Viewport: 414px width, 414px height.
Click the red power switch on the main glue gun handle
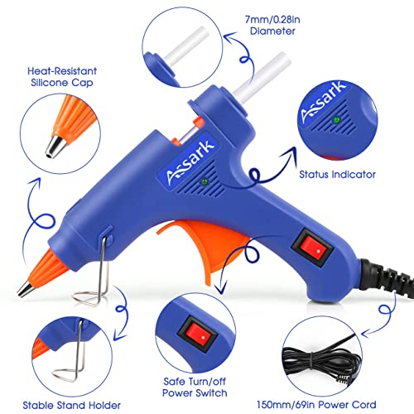pyautogui.click(x=312, y=248)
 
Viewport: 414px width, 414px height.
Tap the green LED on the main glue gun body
pyautogui.click(x=205, y=182)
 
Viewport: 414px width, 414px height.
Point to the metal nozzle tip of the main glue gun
pyautogui.click(x=26, y=289)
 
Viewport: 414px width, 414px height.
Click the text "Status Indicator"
pyautogui.click(x=337, y=175)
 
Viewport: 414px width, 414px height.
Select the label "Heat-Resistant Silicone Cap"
pyautogui.click(x=62, y=77)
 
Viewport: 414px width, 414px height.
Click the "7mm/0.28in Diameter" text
pyautogui.click(x=272, y=25)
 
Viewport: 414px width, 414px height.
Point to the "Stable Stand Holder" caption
pyautogui.click(x=71, y=405)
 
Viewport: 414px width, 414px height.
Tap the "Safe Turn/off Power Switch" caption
pyautogui.click(x=195, y=387)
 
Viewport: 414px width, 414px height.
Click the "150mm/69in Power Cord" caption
pyautogui.click(x=316, y=405)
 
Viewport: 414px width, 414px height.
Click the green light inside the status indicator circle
pyautogui.click(x=336, y=120)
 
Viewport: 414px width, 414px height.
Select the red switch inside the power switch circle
pyautogui.click(x=198, y=335)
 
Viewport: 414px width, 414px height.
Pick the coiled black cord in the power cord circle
pyautogui.click(x=320, y=359)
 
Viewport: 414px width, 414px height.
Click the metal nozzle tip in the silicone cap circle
pyautogui.click(x=56, y=147)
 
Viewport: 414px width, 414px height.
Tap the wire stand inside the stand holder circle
pyautogui.click(x=70, y=356)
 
